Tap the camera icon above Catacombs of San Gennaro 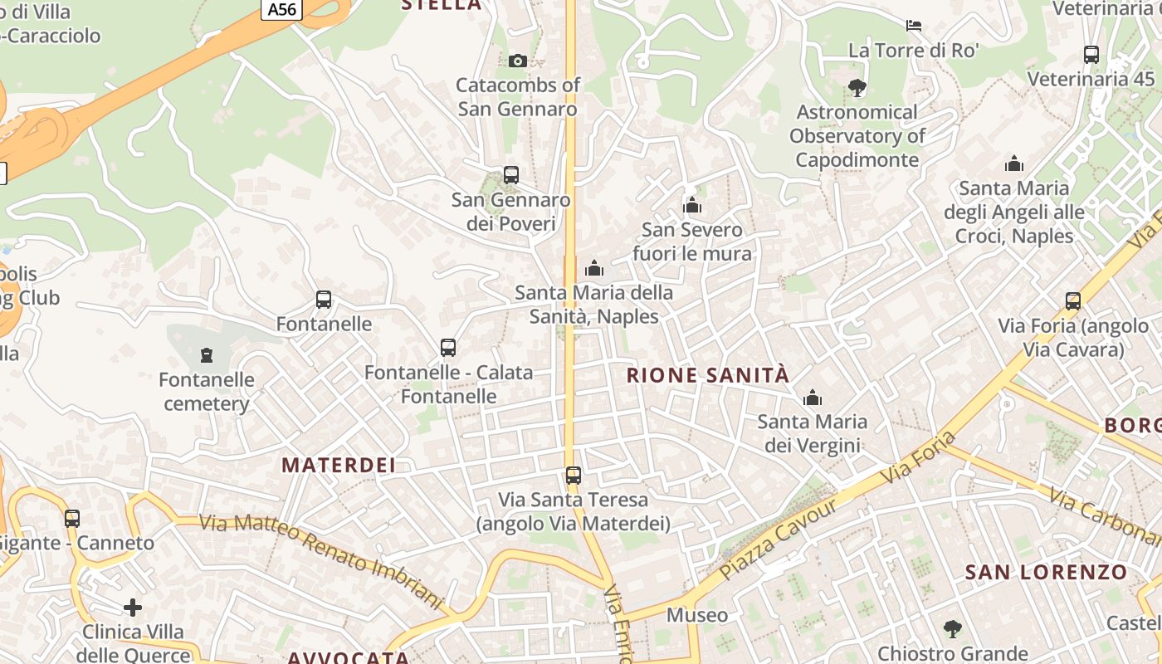click(518, 61)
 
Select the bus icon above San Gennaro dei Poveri click(511, 175)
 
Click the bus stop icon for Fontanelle click(324, 300)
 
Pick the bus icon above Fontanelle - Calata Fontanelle click(448, 348)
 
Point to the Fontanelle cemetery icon click(207, 355)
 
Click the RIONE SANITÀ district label click(707, 375)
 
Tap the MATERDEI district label click(339, 465)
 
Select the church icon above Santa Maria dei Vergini click(813, 398)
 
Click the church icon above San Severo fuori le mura click(692, 205)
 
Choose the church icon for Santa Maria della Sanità click(594, 268)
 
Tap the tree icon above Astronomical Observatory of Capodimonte click(857, 88)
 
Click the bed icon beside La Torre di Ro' click(914, 26)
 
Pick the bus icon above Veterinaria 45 click(1091, 55)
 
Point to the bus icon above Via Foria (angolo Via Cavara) click(1073, 301)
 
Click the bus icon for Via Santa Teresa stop click(574, 476)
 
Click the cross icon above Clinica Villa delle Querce click(133, 608)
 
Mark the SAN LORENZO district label click(1046, 572)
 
